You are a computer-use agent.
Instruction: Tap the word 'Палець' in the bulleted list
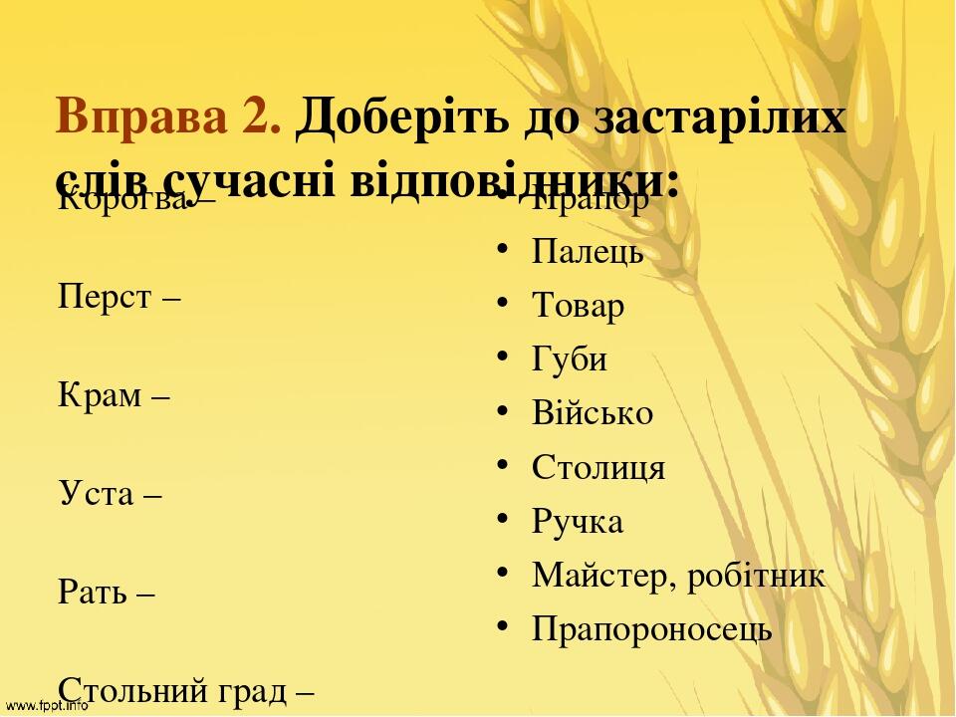[x=588, y=253]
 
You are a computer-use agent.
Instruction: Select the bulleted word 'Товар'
[x=579, y=307]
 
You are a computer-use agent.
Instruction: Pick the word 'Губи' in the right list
[x=570, y=360]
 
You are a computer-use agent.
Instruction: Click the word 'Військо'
[x=593, y=414]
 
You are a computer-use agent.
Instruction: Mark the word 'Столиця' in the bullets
[x=598, y=468]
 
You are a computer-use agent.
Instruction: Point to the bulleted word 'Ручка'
[x=578, y=522]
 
